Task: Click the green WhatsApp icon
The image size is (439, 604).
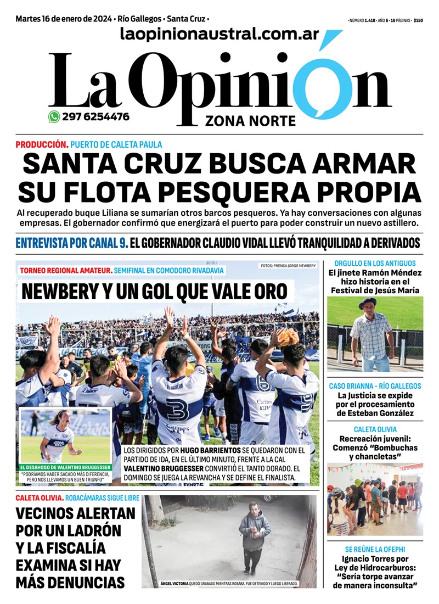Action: coord(54,116)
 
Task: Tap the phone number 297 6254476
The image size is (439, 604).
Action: coord(96,116)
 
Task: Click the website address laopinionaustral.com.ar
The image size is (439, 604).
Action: coord(219,34)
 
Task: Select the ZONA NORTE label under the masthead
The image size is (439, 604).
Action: coord(250,120)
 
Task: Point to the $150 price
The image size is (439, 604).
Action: coord(418,20)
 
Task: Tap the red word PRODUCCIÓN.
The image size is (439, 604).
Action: coord(42,144)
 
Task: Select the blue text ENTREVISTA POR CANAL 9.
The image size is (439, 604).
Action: coord(71,243)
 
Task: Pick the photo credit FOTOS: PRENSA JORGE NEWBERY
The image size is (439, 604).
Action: coord(288,266)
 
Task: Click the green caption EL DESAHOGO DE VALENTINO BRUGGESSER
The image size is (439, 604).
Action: coord(65,467)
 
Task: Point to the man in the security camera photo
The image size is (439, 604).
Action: coord(253,535)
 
